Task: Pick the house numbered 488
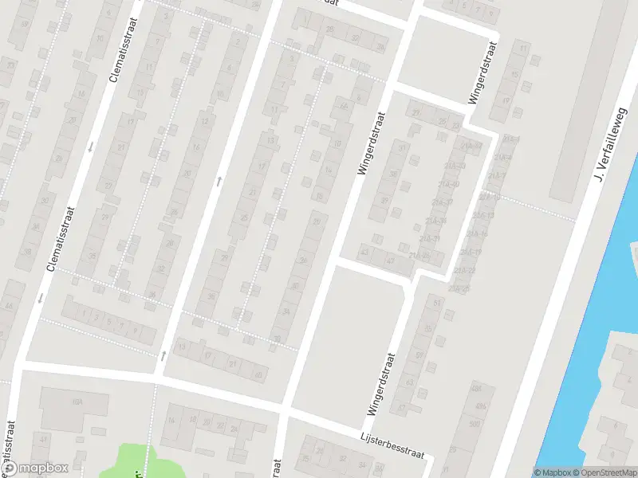[x=476, y=389]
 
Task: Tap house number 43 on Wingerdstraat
[x=365, y=253]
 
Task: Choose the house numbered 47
[x=391, y=260]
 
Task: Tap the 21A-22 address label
[x=465, y=271]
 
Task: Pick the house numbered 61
[x=436, y=304]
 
